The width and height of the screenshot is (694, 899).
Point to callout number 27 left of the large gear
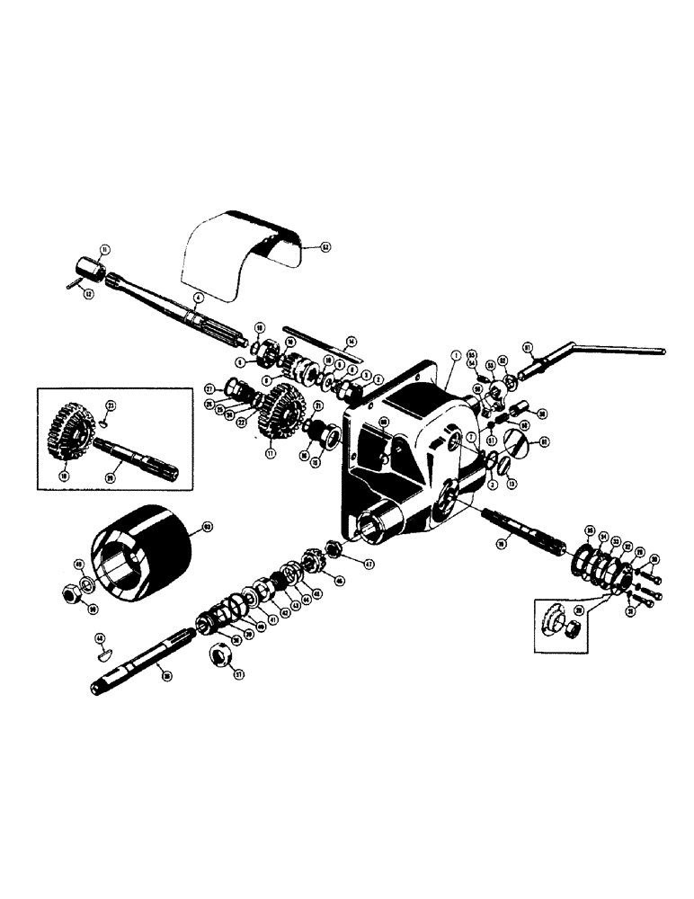tap(209, 389)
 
